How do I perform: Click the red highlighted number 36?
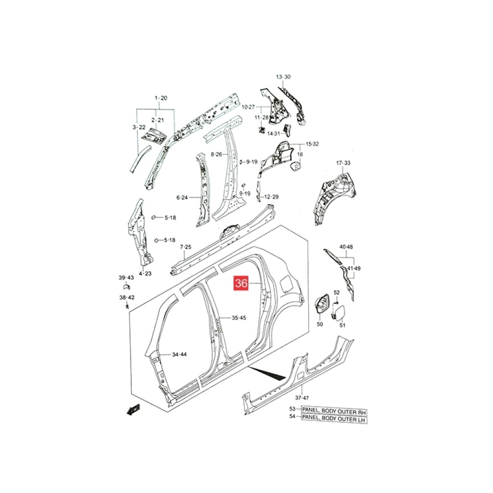tap(241, 283)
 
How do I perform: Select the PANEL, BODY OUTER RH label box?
tap(334, 412)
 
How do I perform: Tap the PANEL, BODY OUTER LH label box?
tap(334, 419)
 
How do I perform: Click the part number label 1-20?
tap(161, 98)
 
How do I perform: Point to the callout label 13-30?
tap(283, 77)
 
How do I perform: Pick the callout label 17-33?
tap(343, 163)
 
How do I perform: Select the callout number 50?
tap(320, 324)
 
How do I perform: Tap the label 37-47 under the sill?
tap(302, 398)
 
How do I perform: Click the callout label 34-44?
tap(179, 354)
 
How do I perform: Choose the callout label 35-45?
tap(239, 318)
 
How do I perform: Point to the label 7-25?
tap(185, 247)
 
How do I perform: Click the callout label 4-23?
tap(145, 273)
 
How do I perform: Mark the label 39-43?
tap(126, 278)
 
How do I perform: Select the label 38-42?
tap(127, 298)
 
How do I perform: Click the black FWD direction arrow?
tap(133, 410)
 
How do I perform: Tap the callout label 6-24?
tap(182, 198)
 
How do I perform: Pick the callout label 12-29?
tap(272, 197)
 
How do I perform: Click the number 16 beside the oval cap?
tap(300, 155)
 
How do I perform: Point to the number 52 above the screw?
tap(337, 292)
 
